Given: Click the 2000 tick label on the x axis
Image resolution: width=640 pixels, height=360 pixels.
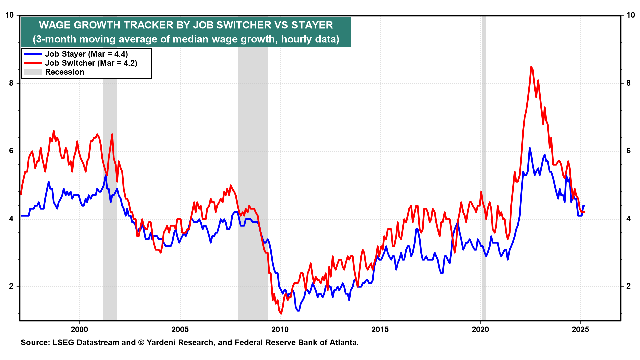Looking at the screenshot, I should [x=79, y=330].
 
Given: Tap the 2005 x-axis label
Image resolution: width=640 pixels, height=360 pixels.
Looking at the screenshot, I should [x=180, y=330].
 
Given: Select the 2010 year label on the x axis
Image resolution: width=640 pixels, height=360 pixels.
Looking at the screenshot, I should [x=280, y=330].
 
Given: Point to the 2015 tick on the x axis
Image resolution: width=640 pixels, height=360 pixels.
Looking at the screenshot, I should [x=380, y=330].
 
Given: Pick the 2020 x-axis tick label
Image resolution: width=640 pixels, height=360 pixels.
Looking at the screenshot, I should [x=480, y=330].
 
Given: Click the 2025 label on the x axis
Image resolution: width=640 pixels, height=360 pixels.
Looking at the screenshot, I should [x=580, y=330].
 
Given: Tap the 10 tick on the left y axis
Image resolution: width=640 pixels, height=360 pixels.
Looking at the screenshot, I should [x=9, y=15].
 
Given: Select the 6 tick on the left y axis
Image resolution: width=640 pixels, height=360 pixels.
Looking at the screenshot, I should [x=11, y=151].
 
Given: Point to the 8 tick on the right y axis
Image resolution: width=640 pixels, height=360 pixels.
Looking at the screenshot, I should [x=629, y=83].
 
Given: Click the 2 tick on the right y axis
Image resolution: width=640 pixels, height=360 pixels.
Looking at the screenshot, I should [x=629, y=286].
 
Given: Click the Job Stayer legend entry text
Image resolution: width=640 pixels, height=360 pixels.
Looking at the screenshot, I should [x=86, y=54].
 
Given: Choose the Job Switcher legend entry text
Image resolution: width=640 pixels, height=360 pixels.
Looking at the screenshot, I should [x=91, y=63].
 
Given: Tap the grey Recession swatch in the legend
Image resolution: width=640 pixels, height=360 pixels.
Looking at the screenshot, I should [x=33, y=72].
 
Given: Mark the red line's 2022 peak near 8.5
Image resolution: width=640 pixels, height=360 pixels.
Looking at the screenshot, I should [x=531, y=67].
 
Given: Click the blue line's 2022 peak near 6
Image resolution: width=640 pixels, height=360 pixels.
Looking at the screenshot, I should [x=529, y=148].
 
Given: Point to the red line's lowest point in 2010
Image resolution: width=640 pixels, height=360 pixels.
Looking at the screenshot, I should [x=281, y=313].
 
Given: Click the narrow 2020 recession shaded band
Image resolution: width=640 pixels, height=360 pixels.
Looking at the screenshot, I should [x=484, y=167].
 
